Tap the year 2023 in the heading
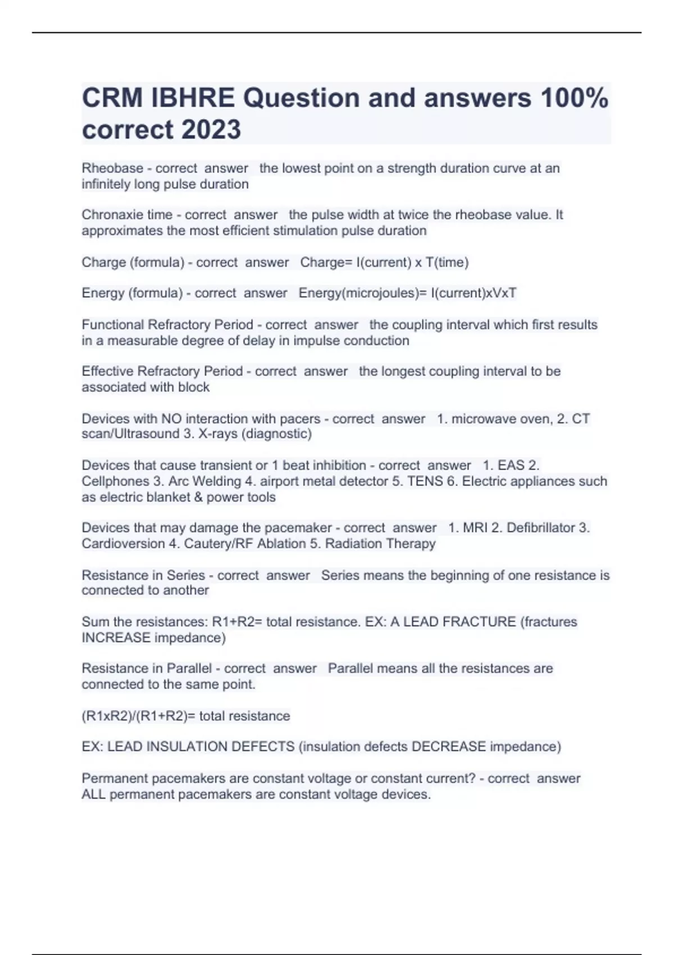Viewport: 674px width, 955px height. pos(211,130)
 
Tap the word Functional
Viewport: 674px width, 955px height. pos(112,325)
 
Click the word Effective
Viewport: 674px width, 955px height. pos(107,371)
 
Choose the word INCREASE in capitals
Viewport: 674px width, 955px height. pos(116,638)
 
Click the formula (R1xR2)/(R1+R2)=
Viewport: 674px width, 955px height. pos(138,716)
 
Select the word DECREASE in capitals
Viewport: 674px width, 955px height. pos(449,747)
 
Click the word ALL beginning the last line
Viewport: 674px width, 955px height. pos(93,794)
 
